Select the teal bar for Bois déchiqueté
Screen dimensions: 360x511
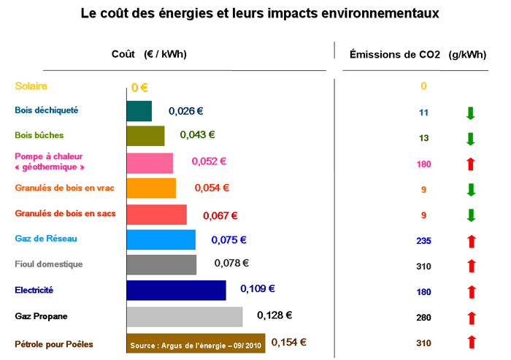(x=139, y=111)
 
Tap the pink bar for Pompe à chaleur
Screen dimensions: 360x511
(x=150, y=162)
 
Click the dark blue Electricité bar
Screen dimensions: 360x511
(x=177, y=290)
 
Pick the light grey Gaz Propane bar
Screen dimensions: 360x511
(x=185, y=316)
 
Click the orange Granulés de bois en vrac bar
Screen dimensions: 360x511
(x=152, y=188)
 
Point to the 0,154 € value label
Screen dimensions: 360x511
(x=288, y=342)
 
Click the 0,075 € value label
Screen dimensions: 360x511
(x=228, y=240)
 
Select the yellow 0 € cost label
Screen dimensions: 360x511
(x=139, y=87)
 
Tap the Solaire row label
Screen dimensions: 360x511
(x=31, y=86)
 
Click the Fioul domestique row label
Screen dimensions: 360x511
(x=49, y=264)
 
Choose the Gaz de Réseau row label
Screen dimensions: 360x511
(x=45, y=239)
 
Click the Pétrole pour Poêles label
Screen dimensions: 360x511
(x=54, y=344)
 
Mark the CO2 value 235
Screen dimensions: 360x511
(x=423, y=240)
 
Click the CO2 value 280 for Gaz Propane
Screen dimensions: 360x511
(x=423, y=318)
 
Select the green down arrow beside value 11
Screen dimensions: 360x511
(x=471, y=112)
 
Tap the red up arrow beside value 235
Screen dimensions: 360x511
(x=471, y=240)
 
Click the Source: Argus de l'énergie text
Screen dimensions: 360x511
(x=196, y=344)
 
